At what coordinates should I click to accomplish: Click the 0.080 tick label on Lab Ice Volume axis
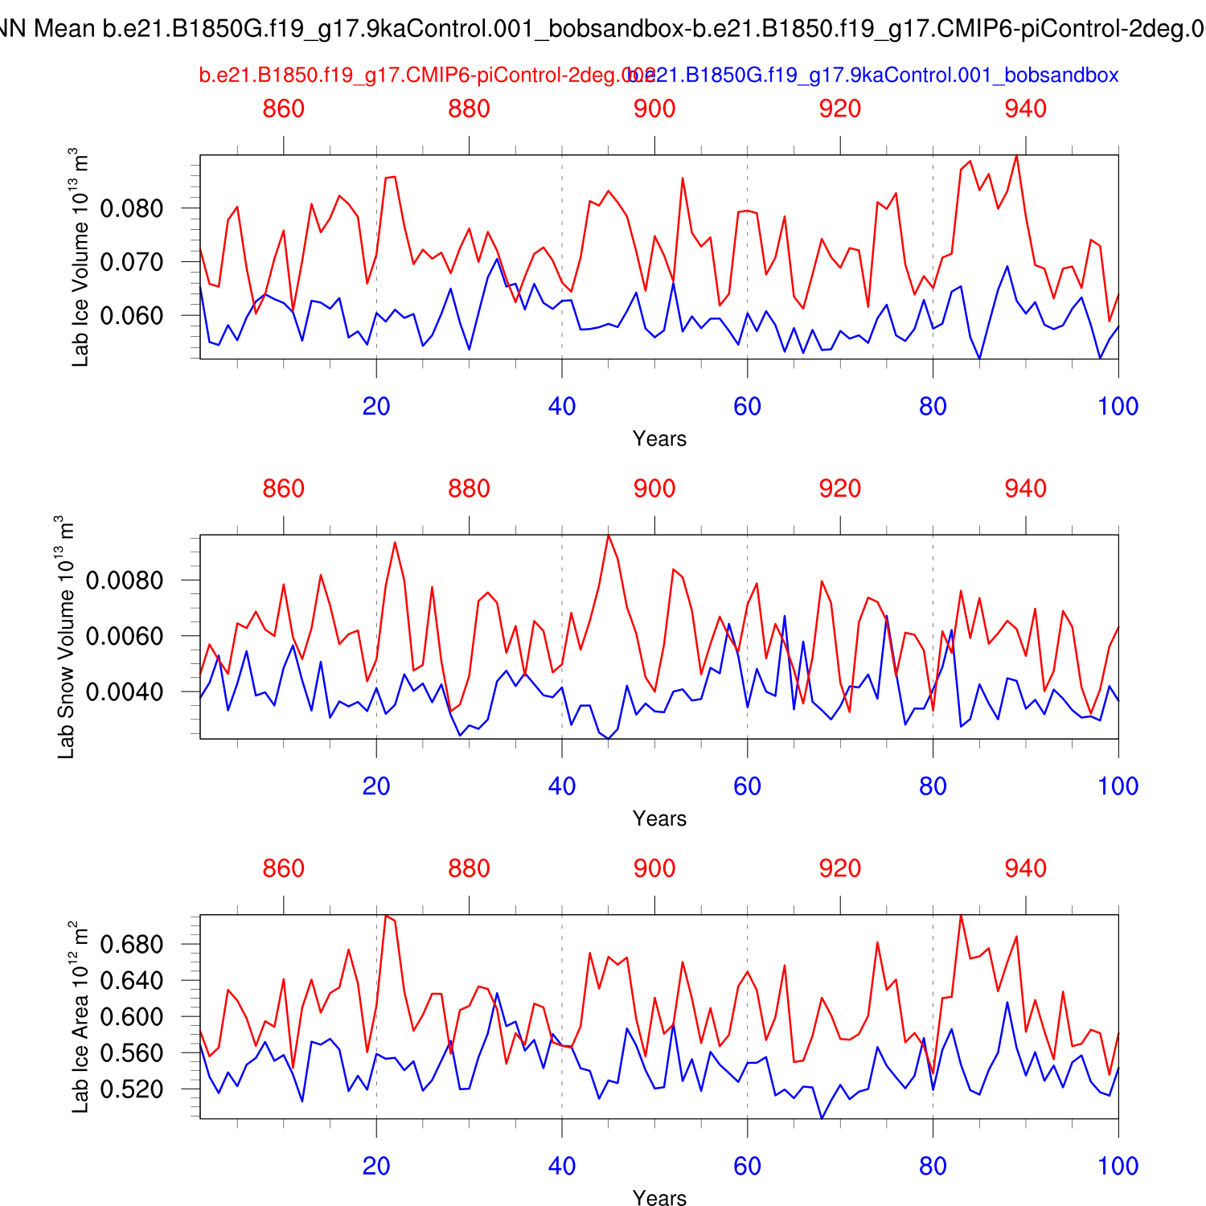tap(132, 209)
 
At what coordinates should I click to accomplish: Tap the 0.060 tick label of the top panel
tap(132, 316)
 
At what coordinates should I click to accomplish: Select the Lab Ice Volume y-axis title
tap(80, 257)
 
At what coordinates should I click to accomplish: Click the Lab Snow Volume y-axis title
tap(66, 637)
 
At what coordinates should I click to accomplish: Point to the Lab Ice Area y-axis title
tap(80, 1017)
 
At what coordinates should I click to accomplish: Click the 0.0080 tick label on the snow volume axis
tap(125, 580)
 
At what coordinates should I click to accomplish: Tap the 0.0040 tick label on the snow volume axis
tap(125, 692)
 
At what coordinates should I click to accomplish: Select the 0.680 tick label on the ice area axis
tap(132, 945)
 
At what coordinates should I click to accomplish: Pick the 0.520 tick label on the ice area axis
tap(132, 1089)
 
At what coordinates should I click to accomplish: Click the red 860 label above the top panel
tap(284, 109)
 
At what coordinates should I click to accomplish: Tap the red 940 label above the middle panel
tap(1026, 489)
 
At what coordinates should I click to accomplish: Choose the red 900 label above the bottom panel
tap(654, 868)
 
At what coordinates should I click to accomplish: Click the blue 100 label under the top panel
tap(1118, 407)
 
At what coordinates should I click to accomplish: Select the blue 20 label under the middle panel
tap(376, 786)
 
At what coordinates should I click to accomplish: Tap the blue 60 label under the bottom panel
tap(747, 1167)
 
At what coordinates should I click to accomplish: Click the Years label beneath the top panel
tap(659, 439)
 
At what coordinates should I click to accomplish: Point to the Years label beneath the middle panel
tap(659, 819)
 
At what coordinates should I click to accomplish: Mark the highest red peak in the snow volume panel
tap(609, 535)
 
